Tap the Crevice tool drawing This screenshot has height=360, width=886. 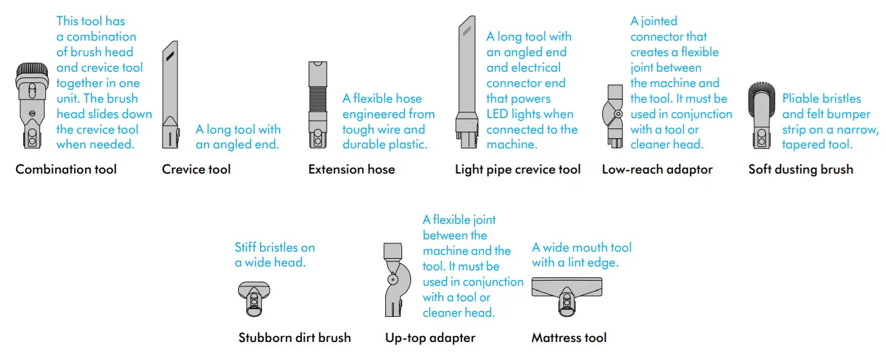[x=168, y=97]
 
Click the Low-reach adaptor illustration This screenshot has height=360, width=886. [x=615, y=115]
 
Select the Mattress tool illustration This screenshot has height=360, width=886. [x=567, y=294]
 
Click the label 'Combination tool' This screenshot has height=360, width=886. [x=66, y=170]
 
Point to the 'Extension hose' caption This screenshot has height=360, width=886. [x=352, y=170]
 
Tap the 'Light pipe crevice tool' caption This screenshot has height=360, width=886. [x=518, y=170]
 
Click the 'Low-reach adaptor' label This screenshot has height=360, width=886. [x=657, y=170]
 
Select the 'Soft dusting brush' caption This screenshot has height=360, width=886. [x=800, y=170]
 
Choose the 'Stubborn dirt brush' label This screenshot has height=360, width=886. [x=294, y=337]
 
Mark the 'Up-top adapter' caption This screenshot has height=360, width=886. [x=430, y=337]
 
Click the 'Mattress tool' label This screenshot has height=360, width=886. [x=569, y=337]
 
